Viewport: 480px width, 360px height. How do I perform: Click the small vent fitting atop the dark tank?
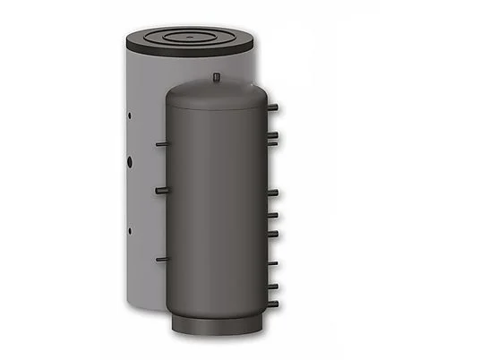(217, 78)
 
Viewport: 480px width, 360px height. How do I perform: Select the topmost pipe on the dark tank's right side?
(272, 107)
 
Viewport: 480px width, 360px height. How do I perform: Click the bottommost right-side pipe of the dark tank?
(272, 304)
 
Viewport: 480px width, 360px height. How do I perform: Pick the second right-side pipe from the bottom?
(272, 286)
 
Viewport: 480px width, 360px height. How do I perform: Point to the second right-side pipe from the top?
(272, 136)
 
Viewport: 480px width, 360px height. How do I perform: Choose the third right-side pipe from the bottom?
(272, 263)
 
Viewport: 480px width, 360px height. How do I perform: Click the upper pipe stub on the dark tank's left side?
(160, 143)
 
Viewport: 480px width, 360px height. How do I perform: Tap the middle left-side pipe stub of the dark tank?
(160, 191)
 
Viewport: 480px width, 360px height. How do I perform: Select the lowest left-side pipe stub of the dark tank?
(161, 259)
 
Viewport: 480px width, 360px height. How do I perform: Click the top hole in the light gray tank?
(131, 115)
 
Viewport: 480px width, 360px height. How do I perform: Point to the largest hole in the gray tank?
(131, 163)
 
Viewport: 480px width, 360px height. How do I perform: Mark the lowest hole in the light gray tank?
(131, 230)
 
